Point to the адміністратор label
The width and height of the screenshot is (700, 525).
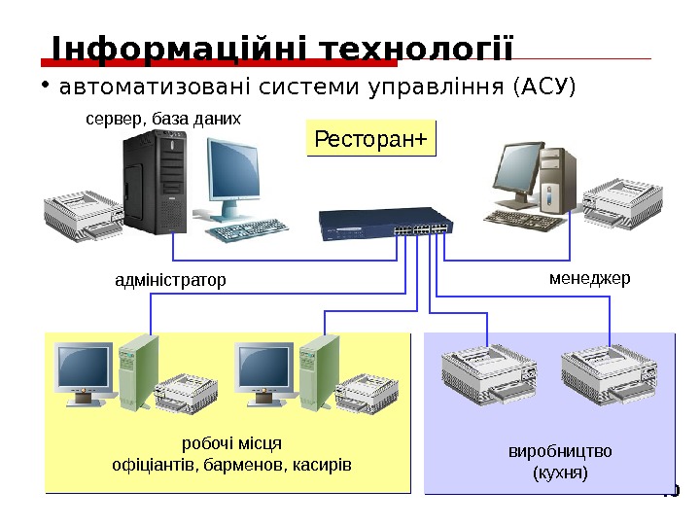click(x=170, y=281)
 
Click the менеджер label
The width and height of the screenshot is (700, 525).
click(x=590, y=278)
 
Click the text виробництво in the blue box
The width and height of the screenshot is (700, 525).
click(x=561, y=453)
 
